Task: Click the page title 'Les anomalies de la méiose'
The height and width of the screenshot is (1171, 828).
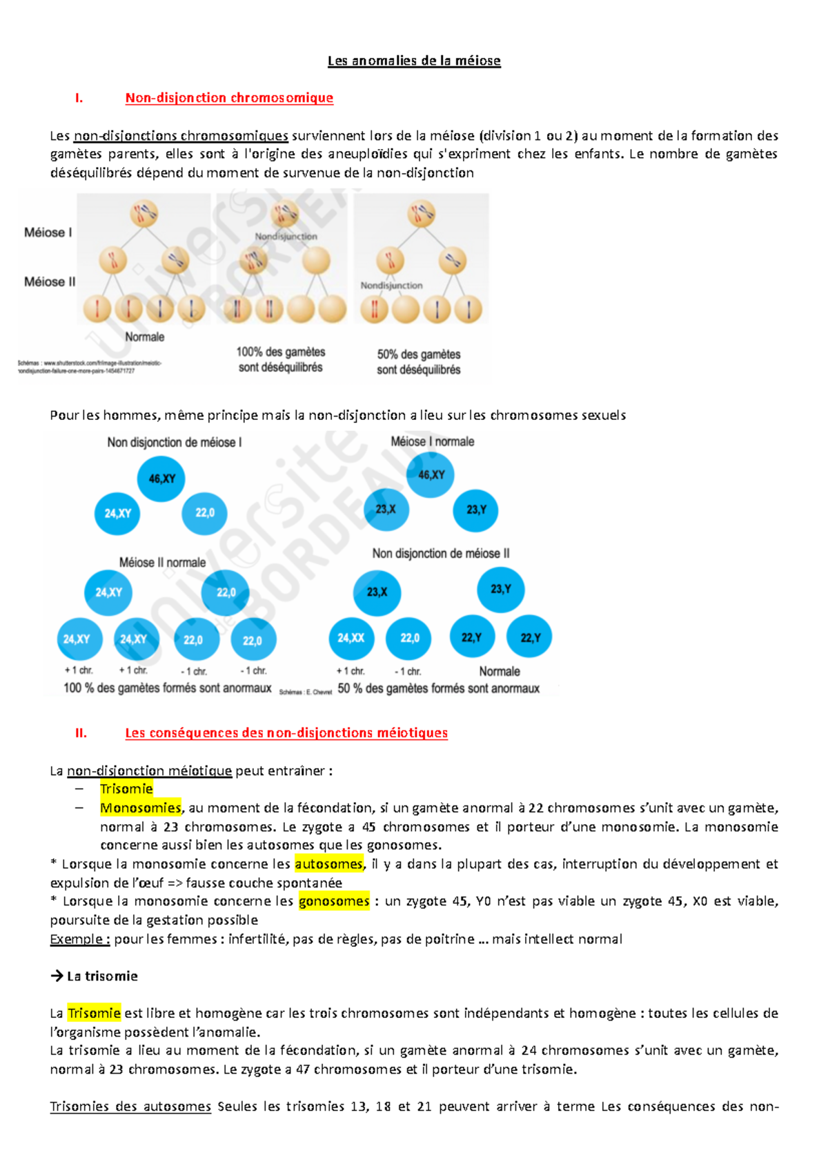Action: (x=414, y=61)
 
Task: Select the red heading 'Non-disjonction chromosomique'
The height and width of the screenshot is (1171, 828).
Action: (x=229, y=98)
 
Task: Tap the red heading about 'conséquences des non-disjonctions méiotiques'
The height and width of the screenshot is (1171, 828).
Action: (x=286, y=733)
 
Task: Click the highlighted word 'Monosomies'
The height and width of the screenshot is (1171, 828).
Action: (x=141, y=808)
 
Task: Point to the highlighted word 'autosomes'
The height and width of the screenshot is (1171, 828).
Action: (x=328, y=863)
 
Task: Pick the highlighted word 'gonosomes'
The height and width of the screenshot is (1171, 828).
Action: (x=334, y=901)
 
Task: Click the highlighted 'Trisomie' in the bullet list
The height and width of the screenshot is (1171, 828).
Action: (x=126, y=789)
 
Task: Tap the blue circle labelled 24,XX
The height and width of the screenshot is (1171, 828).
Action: (x=351, y=638)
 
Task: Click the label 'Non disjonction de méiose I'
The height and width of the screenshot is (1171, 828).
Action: (x=175, y=443)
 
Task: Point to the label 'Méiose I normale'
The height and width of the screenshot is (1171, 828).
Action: (x=433, y=441)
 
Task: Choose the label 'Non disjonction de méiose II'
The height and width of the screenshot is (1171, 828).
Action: (x=441, y=553)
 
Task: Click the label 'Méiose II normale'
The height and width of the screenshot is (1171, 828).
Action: (x=162, y=562)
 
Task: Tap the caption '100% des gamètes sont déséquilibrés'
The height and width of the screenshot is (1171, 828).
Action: (x=281, y=359)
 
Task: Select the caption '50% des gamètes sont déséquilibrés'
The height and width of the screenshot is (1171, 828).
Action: (x=419, y=362)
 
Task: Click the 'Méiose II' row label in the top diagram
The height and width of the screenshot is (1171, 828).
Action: (x=50, y=281)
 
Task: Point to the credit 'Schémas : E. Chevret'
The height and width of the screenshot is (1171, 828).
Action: (x=306, y=692)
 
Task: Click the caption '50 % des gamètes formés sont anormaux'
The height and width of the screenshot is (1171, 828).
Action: (x=439, y=688)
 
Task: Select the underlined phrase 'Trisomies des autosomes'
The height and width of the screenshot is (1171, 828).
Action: (x=130, y=1106)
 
